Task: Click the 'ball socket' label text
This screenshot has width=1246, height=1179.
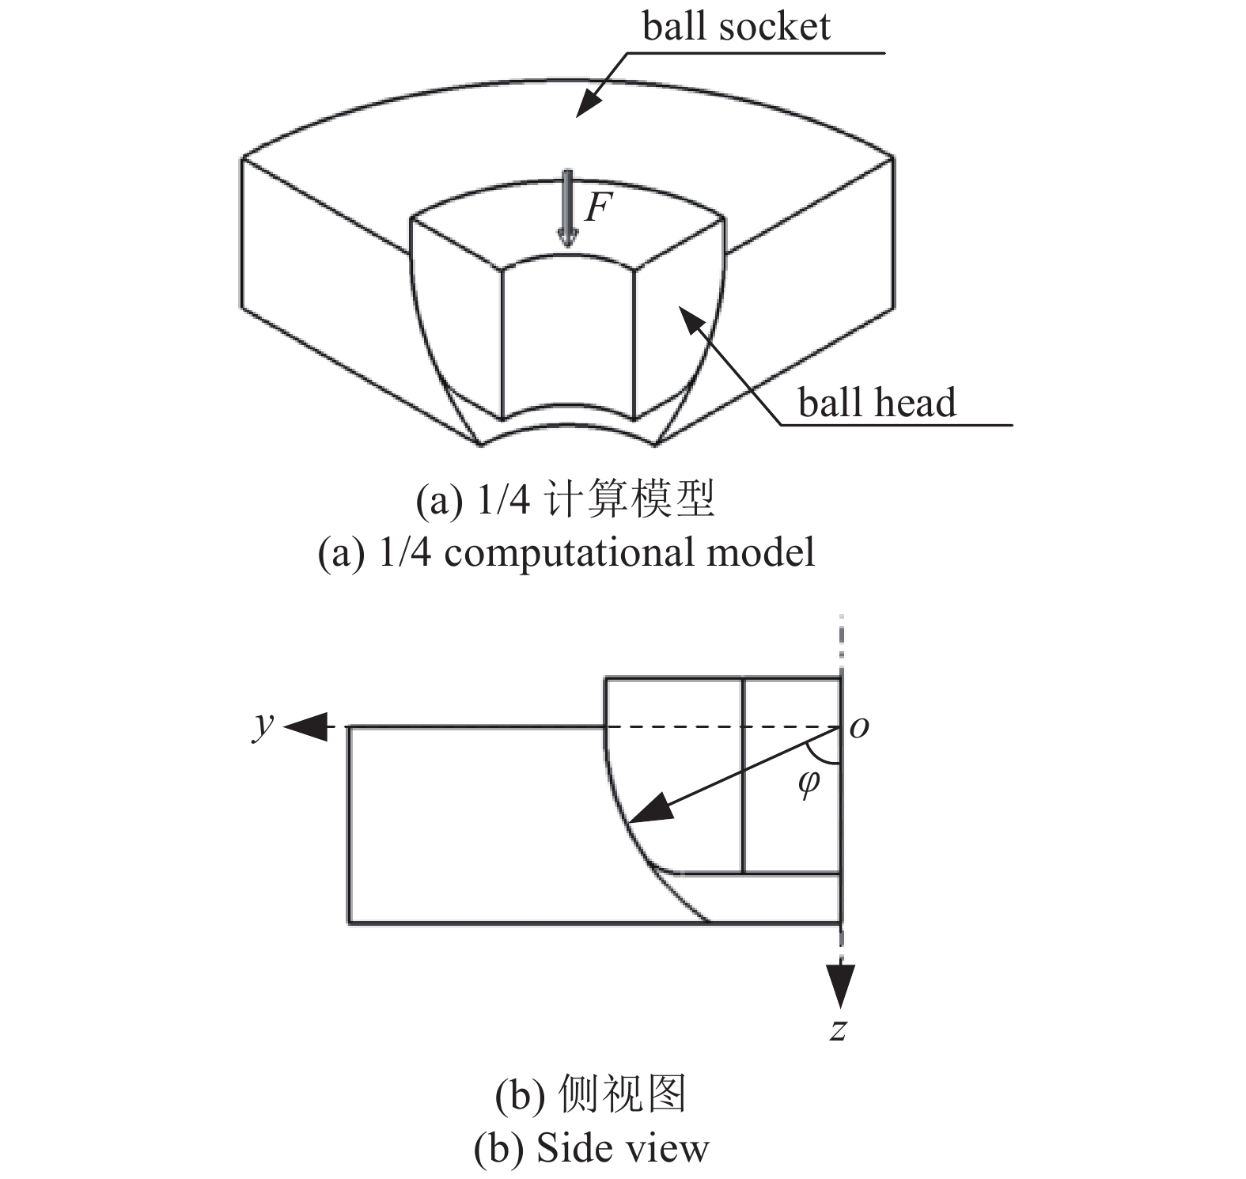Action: pos(736,27)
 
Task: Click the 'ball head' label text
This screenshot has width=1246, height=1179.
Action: pos(877,403)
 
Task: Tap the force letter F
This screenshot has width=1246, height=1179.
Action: pos(599,208)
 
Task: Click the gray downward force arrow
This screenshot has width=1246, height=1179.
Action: pos(567,208)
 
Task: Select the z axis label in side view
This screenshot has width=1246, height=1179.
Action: pos(839,1029)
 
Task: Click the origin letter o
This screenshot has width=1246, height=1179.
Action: pos(858,727)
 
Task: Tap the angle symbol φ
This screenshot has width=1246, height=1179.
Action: pos(809,783)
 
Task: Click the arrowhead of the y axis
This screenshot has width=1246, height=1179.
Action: pos(305,726)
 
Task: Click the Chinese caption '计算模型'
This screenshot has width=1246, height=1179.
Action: pos(631,499)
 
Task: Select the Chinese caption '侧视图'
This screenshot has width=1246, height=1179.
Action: pos(622,1095)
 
